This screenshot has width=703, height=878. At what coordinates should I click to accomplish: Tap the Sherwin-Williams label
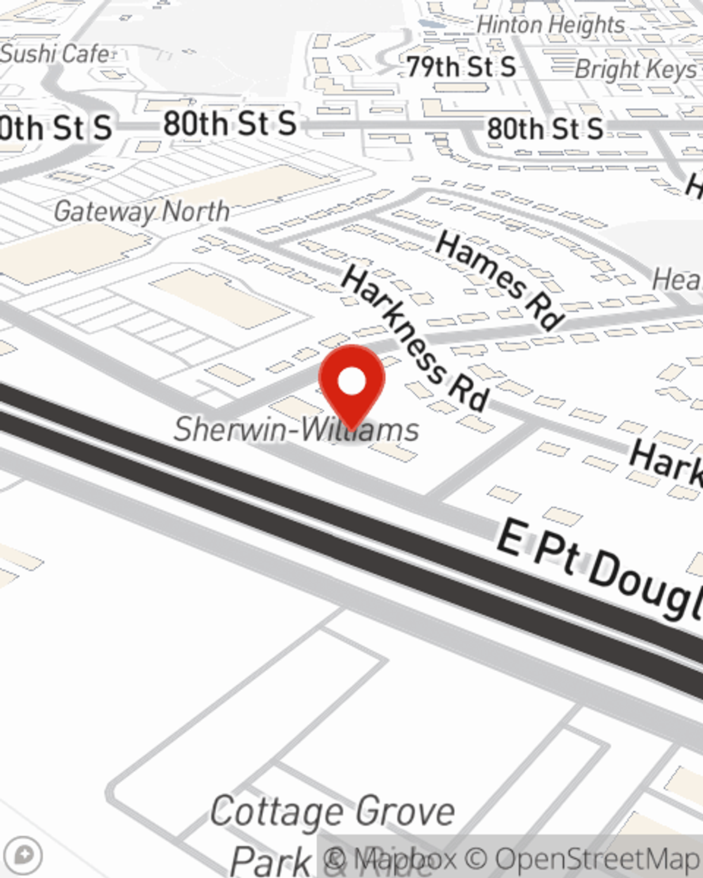point(296,429)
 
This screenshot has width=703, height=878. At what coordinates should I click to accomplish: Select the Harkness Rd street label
point(415,339)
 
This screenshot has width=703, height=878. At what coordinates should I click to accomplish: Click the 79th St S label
point(461,67)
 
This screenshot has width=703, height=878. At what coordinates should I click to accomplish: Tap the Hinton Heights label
point(550,25)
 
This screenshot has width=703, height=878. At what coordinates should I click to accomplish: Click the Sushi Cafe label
point(55,53)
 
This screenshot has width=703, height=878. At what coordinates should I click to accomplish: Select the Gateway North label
point(141,211)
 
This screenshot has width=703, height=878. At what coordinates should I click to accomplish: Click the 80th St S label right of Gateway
point(229,124)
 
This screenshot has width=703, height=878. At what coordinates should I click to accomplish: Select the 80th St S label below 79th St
point(545,129)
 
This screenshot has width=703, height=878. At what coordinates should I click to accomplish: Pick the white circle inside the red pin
point(351,382)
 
